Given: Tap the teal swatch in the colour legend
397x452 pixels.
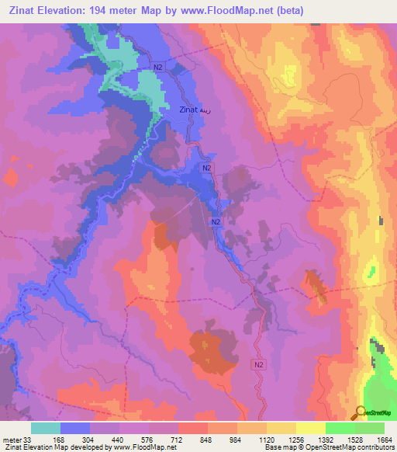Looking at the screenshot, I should (x=46, y=428).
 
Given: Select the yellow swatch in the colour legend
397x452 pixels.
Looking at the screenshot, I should (x=310, y=428).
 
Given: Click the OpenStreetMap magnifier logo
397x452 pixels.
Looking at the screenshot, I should (x=361, y=412).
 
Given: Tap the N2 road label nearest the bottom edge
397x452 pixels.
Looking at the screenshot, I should (x=258, y=363).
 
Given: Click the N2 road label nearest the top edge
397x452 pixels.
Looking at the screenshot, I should (x=158, y=68).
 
